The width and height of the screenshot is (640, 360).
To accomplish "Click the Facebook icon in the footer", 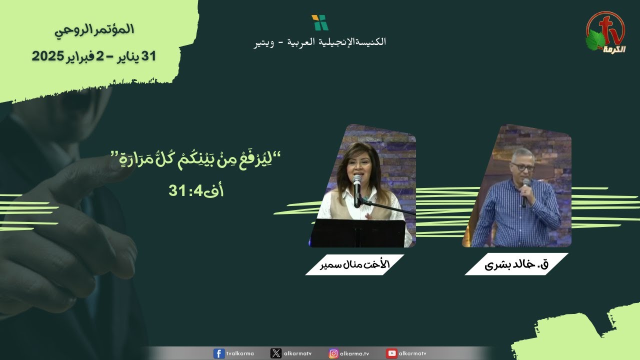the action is point(219,353).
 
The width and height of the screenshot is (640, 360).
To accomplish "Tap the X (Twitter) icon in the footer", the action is point(275,353).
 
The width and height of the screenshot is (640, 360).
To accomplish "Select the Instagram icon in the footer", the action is point(333,353).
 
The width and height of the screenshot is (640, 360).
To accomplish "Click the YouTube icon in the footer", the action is point(391,353).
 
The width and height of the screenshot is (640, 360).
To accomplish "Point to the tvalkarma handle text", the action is point(240,353).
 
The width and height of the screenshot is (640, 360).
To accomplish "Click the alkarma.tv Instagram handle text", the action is point(354,353).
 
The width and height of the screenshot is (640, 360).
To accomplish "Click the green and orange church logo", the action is point(320,22).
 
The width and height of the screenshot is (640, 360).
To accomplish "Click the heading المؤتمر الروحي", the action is point(94,30).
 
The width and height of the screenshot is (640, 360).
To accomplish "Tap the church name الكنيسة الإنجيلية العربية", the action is point(336,42).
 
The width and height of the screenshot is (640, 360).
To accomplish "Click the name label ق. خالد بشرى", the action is point(516,264).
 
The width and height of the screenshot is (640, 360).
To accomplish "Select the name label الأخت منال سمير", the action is point(354,264).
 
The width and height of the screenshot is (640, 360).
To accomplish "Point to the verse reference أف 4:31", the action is point(196,190).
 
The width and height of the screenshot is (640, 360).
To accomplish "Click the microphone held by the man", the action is point(525,192).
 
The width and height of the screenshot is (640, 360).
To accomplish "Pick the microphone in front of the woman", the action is point(357,190).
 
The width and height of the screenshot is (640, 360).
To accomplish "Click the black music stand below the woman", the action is point(358,233).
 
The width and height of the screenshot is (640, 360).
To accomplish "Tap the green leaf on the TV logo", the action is point(595,40).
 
